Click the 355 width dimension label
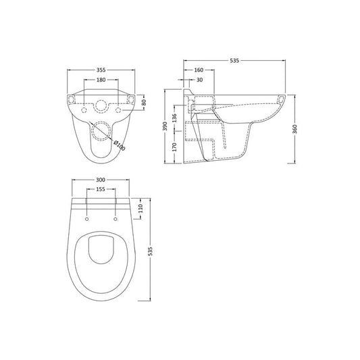tap(101, 70)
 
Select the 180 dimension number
tap(101, 80)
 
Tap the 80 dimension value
tap(144, 102)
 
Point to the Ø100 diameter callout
tap(120, 145)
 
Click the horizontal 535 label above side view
tap(234, 61)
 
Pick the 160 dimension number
tap(199, 70)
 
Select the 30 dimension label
tap(200, 80)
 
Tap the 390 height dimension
tap(165, 126)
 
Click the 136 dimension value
tap(174, 118)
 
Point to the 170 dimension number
tap(174, 147)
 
